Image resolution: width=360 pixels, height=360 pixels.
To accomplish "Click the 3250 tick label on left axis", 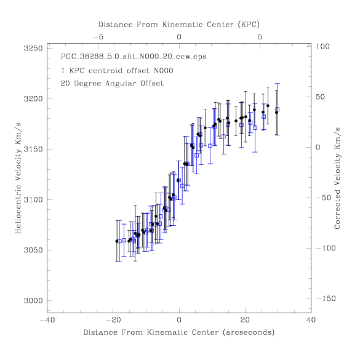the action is tap(33, 49).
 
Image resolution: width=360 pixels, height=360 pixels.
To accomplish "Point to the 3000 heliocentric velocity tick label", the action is tap(33, 300).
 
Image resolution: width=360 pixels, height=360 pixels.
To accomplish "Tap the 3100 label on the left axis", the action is tap(33, 199).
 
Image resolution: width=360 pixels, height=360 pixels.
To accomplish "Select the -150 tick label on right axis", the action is tap(326, 298).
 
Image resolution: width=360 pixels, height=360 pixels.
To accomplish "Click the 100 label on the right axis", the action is tap(322, 46).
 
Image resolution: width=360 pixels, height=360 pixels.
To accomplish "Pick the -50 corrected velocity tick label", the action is tap(324, 198).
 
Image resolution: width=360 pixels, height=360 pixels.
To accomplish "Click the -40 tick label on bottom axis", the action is tap(47, 320).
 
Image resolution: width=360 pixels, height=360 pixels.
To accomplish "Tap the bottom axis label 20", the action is tap(245, 320).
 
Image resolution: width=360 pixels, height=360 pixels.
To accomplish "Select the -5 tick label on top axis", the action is tap(98, 37).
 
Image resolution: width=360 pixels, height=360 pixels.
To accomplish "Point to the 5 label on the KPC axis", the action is tap(260, 37).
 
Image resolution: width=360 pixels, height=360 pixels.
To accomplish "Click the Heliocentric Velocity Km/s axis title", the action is tap(18, 178).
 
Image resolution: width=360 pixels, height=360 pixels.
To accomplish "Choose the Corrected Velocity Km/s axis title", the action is tap(337, 178).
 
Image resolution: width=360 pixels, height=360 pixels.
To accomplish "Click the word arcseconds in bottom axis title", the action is tap(249, 332).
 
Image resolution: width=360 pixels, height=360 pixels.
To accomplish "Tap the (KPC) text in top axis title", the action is tap(249, 25).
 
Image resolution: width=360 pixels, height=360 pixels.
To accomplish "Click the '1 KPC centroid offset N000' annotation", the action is tap(117, 71).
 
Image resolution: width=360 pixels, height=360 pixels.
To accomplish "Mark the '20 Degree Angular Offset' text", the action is tap(112, 83).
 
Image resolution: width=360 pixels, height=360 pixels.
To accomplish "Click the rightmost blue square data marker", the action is tap(278, 110).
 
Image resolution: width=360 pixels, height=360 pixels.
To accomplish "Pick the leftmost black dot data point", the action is tap(117, 241).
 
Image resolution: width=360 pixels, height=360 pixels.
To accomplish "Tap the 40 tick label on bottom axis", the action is tap(311, 320).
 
